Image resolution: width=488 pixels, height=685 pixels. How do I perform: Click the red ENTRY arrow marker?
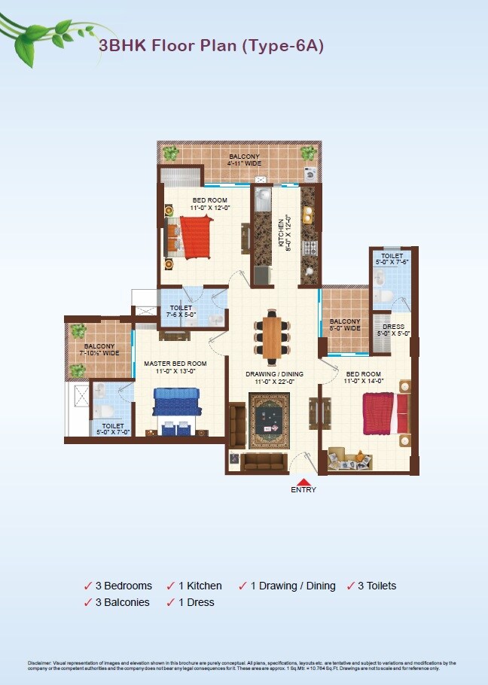tap(303, 482)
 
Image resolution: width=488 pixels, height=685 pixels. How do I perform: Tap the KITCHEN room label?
tap(282, 233)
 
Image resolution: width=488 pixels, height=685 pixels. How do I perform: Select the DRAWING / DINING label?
tap(274, 376)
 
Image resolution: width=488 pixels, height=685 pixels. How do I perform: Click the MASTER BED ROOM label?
tap(175, 367)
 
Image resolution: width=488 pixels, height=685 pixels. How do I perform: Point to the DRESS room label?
tap(393, 330)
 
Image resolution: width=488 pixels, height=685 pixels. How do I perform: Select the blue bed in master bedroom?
tap(176, 410)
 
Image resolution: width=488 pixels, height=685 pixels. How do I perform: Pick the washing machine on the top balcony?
tap(310, 174)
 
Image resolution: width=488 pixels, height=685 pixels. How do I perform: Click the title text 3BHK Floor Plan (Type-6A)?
tap(211, 46)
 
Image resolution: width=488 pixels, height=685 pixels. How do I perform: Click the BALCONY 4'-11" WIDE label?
tap(245, 159)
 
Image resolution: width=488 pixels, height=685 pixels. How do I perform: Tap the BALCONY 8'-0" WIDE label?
tap(345, 324)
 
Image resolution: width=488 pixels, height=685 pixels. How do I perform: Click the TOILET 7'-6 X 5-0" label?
tap(181, 311)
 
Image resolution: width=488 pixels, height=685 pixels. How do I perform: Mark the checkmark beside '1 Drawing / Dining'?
tap(242, 586)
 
